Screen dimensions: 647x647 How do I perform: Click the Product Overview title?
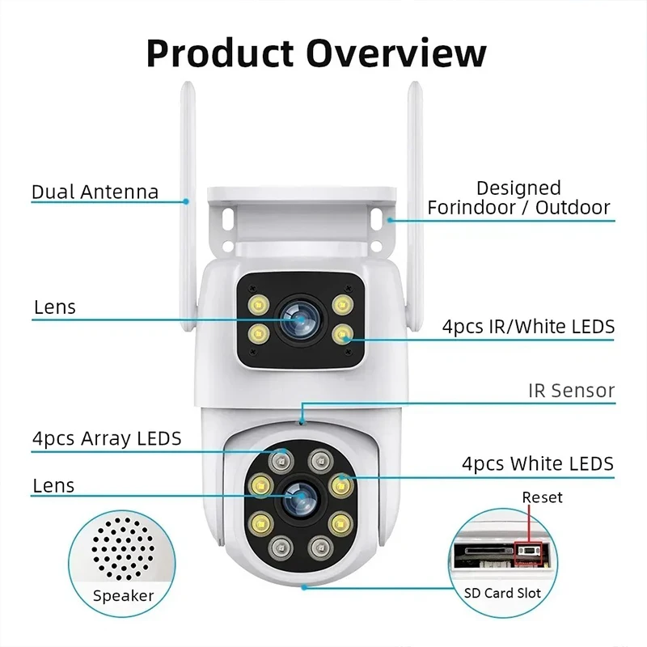pos(316,53)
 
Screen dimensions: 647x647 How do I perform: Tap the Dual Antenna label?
pos(95,192)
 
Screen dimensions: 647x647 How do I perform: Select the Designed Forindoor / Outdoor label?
pos(518,198)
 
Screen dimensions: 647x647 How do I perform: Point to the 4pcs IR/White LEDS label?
pos(528,327)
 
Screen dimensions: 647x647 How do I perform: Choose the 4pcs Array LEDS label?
pos(107,439)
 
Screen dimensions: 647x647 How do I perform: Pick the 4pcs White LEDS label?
pos(537,463)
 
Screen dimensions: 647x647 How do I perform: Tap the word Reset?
pos(542,497)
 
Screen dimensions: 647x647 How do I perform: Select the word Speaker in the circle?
pos(123,596)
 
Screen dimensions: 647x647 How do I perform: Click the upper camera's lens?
pos(298,319)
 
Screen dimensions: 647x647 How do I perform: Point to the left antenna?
pos(186,162)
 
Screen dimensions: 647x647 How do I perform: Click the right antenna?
pos(414,162)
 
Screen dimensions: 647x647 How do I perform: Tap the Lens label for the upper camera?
pos(54,307)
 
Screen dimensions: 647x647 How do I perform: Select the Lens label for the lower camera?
pos(53,486)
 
